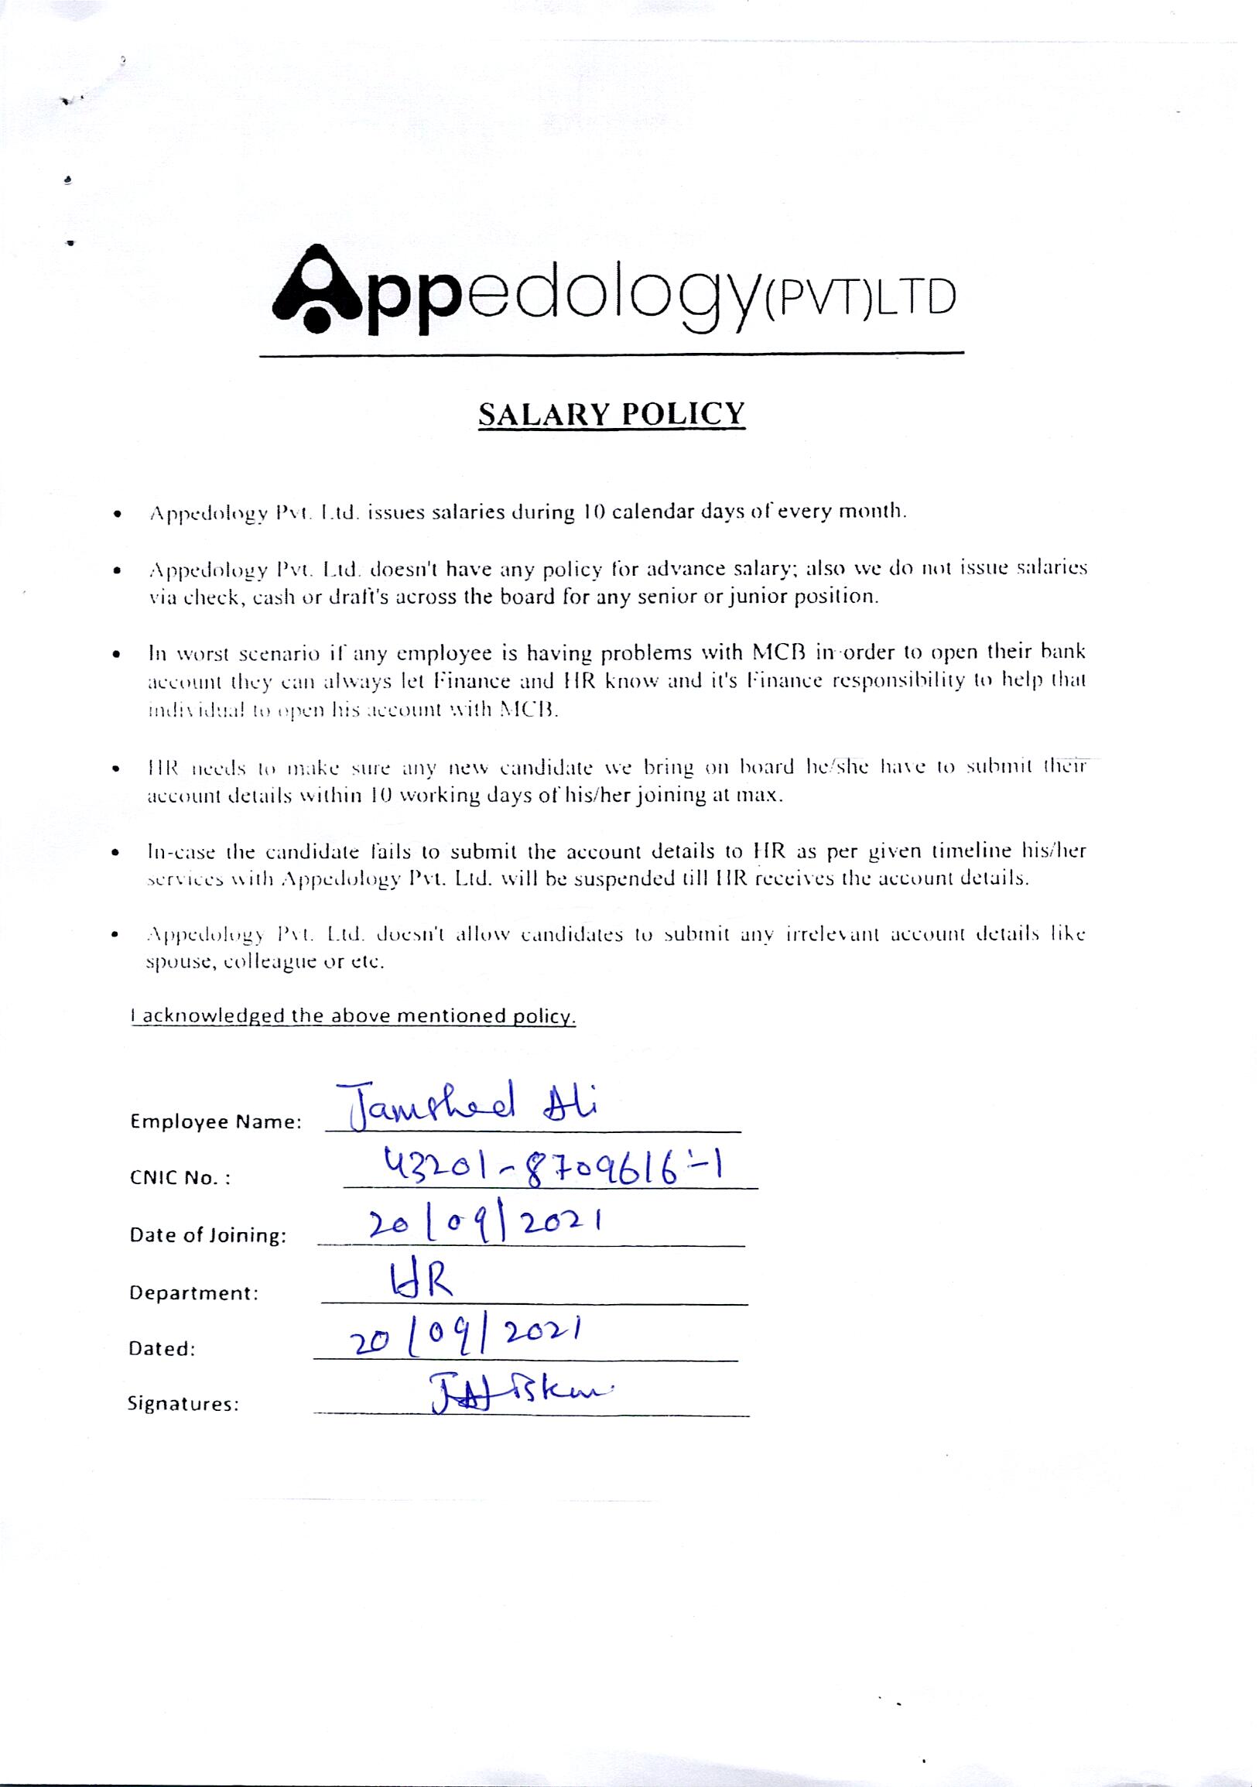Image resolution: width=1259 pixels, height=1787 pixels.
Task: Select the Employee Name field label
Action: [216, 1122]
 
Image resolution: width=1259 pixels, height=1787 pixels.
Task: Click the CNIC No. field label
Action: [180, 1178]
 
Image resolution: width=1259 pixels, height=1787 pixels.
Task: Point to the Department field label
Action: [193, 1292]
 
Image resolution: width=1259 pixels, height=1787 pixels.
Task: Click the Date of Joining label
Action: [207, 1235]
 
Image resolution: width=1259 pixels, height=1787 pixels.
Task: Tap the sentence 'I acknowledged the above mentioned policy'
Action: [354, 1016]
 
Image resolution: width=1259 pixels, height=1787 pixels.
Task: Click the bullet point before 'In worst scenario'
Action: [116, 655]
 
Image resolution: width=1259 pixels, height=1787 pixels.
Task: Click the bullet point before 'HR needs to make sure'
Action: [116, 771]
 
